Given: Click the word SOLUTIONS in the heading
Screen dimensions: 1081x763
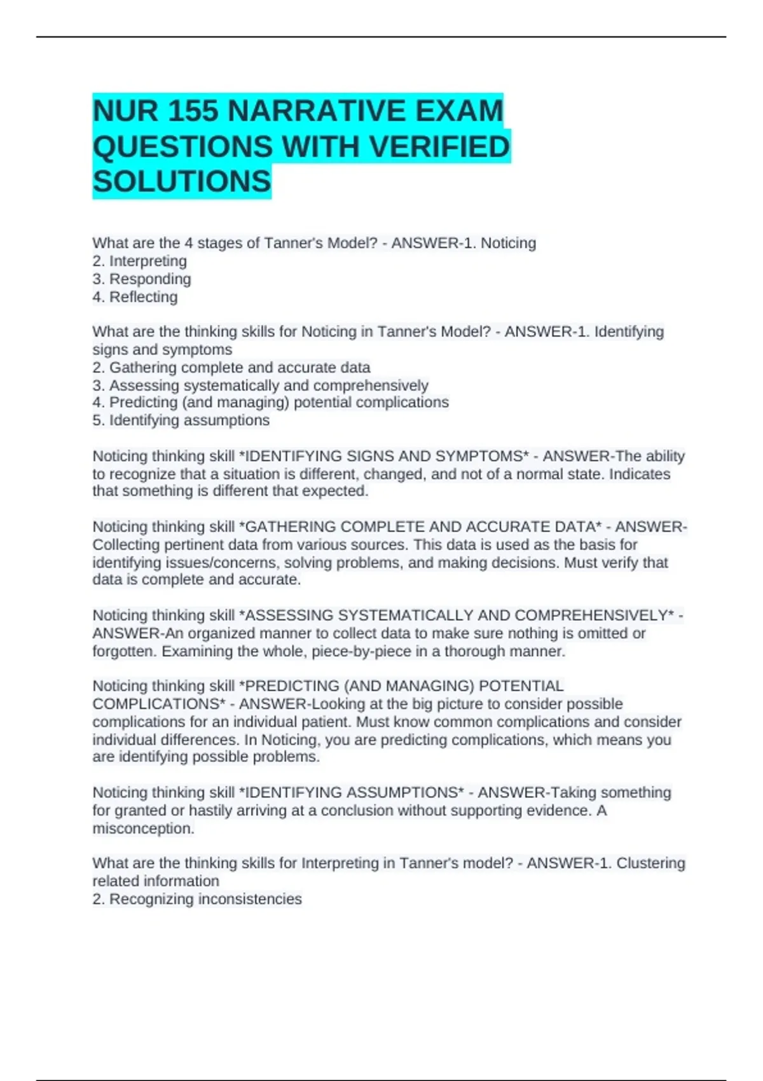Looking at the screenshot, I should [x=182, y=182].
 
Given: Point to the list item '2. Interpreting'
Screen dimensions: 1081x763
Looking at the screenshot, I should [x=140, y=261].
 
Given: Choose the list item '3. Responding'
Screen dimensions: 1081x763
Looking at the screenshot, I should [x=142, y=279].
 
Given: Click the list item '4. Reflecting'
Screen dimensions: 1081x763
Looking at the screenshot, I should [x=135, y=296].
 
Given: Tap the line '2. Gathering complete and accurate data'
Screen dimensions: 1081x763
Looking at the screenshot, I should [x=231, y=367].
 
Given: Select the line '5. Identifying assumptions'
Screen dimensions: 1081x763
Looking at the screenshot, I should [x=181, y=420].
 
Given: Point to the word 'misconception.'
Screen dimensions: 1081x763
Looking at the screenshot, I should [x=144, y=828].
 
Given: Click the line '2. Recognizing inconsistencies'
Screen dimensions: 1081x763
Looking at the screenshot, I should [x=197, y=899].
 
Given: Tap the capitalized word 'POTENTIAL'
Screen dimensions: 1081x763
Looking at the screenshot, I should [x=521, y=685].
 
